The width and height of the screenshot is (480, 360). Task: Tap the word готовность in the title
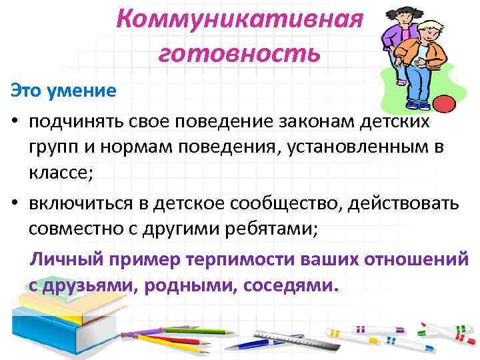(x=239, y=52)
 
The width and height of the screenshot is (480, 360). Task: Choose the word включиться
(x=83, y=202)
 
